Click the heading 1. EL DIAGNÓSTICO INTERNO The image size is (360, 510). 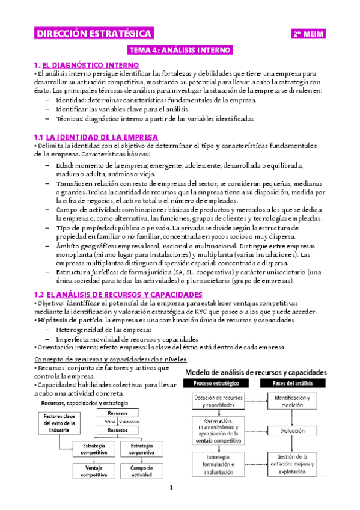(x=87, y=64)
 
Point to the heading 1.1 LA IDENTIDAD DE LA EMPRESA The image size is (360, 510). (x=96, y=137)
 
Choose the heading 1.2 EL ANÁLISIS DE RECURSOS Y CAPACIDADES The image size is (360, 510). (x=118, y=295)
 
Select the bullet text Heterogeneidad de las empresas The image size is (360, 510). (x=105, y=330)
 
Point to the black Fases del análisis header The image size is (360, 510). (x=292, y=383)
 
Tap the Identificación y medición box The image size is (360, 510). (x=292, y=401)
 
